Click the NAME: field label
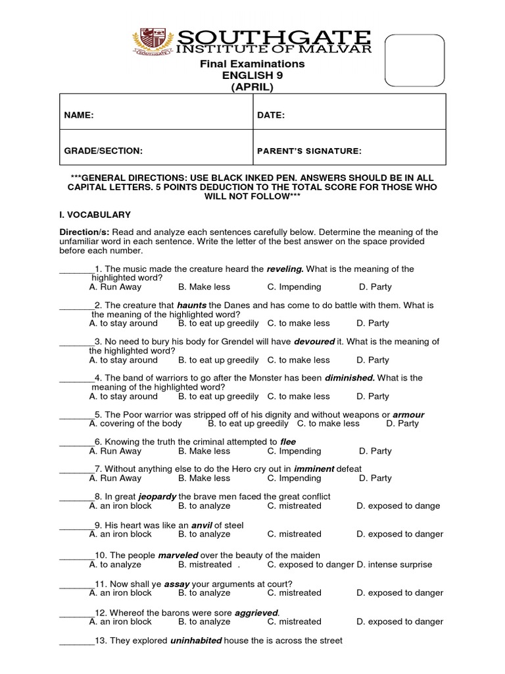79,115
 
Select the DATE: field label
271,115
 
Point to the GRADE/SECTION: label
103,151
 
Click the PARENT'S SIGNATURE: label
309,151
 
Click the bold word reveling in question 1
285,269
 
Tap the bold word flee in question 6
288,442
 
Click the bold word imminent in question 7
314,469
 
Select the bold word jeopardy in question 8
157,496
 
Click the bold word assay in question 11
177,584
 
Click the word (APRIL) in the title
252,88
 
